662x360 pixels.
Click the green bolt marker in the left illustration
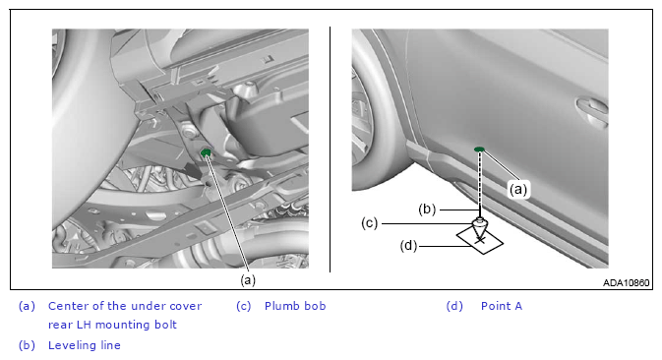click(x=206, y=152)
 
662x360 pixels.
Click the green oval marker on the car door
click(x=479, y=149)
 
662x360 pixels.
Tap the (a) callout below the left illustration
click(x=248, y=279)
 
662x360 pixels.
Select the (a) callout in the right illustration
click(x=518, y=190)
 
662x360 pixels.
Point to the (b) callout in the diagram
click(x=427, y=209)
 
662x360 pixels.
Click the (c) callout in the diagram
click(x=370, y=223)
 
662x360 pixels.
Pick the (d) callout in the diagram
click(x=408, y=245)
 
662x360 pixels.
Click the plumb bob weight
click(x=479, y=228)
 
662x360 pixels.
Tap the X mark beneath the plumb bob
click(x=480, y=240)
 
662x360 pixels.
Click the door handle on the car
click(x=592, y=109)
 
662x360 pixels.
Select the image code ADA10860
click(x=627, y=282)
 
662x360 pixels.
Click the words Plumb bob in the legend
click(x=295, y=306)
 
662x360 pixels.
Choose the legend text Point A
click(x=502, y=306)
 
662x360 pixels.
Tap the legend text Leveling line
click(x=85, y=345)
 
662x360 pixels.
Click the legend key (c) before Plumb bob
click(x=244, y=306)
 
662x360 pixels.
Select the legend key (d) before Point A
click(x=454, y=306)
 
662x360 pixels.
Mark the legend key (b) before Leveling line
click(x=27, y=345)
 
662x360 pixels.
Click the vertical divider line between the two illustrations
click(x=330, y=150)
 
